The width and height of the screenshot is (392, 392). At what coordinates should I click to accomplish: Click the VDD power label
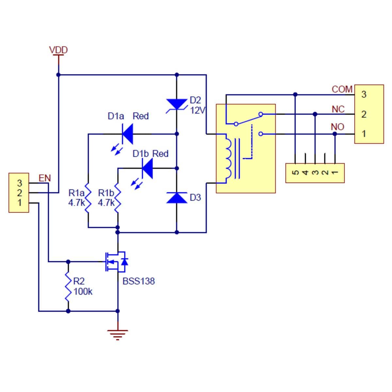click(x=58, y=50)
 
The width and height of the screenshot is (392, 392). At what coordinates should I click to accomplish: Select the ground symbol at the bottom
click(x=118, y=334)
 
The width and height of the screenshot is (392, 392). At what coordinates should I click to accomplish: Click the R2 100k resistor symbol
click(x=68, y=286)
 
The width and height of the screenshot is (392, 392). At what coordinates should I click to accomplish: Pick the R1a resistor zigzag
click(x=88, y=197)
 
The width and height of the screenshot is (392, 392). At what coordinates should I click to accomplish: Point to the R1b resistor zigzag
click(x=118, y=197)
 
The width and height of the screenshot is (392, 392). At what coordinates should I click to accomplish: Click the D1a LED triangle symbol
click(x=127, y=134)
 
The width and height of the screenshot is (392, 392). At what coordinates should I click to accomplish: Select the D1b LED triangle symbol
click(x=147, y=168)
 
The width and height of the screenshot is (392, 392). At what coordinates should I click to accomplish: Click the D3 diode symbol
click(x=177, y=198)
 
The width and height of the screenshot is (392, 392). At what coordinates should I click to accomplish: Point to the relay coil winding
click(x=228, y=158)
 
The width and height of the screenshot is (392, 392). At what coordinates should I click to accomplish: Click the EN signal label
click(x=45, y=178)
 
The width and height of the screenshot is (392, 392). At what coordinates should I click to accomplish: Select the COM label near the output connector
click(x=342, y=89)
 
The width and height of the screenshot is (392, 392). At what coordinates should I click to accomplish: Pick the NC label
click(x=338, y=109)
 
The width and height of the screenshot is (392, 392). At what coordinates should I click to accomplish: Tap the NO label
click(x=337, y=127)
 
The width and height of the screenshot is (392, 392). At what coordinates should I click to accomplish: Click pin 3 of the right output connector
click(x=364, y=95)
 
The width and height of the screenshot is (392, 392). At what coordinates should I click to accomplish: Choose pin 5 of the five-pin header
click(x=295, y=172)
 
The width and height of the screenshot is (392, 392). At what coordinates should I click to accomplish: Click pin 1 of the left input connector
click(x=20, y=203)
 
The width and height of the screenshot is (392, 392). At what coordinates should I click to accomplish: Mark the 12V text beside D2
click(x=197, y=110)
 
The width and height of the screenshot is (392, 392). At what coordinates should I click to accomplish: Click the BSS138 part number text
click(x=139, y=281)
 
